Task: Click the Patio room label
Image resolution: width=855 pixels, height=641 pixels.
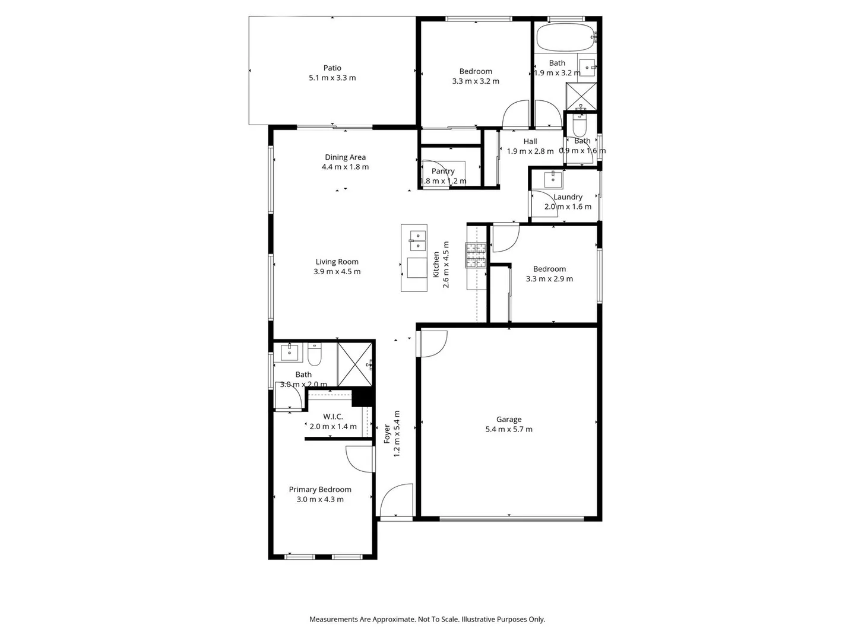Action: pyautogui.click(x=332, y=68)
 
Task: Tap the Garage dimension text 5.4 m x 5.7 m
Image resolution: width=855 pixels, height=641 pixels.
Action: pyautogui.click(x=509, y=429)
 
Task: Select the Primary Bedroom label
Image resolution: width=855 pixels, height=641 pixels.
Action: pyautogui.click(x=320, y=489)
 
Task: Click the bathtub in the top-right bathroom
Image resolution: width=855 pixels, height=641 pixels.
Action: pyautogui.click(x=565, y=37)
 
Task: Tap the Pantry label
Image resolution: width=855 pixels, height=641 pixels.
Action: pyautogui.click(x=443, y=171)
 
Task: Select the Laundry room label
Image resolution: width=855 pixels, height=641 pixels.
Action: pyautogui.click(x=568, y=196)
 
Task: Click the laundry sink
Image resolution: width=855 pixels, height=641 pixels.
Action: pyautogui.click(x=553, y=179)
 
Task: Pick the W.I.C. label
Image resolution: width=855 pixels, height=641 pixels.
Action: pyautogui.click(x=332, y=417)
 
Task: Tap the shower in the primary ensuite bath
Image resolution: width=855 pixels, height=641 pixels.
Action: pyautogui.click(x=354, y=363)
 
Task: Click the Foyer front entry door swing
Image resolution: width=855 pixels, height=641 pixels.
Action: pyautogui.click(x=396, y=501)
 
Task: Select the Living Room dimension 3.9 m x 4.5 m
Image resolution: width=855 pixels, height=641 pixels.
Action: pyautogui.click(x=337, y=271)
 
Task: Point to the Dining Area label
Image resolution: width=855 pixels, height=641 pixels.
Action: pyautogui.click(x=345, y=157)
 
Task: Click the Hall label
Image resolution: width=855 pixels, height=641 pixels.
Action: pyautogui.click(x=530, y=141)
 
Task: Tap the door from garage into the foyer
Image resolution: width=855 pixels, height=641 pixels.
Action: pyautogui.click(x=432, y=344)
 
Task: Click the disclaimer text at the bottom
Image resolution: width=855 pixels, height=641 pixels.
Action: pyautogui.click(x=427, y=619)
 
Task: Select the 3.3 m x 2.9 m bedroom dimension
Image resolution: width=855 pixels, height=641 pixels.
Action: pyautogui.click(x=549, y=278)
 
